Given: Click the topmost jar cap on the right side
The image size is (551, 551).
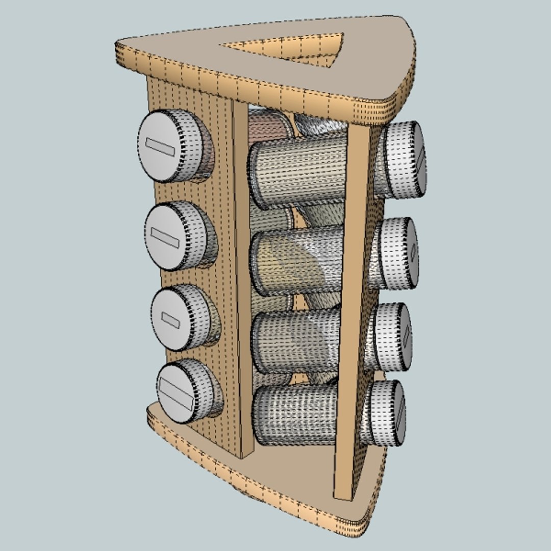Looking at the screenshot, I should tap(406, 160).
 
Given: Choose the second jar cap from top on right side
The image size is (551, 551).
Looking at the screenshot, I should tap(400, 254).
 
